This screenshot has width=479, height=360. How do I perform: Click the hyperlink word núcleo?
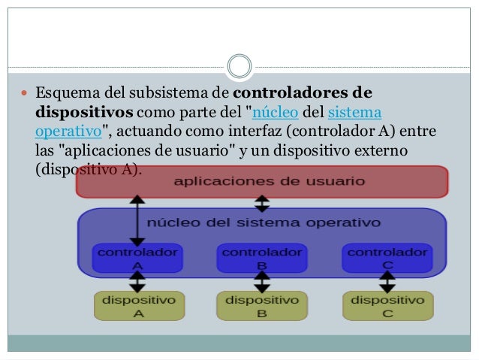tap(276, 112)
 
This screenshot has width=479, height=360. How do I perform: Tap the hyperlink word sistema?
tap(354, 112)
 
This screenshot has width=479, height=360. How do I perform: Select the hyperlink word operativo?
tap(68, 132)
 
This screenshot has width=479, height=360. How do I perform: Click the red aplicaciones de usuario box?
tap(262, 182)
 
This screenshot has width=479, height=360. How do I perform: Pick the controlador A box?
tap(137, 258)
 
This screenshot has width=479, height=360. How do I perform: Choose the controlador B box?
tap(262, 258)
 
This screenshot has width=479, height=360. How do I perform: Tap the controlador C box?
tap(387, 258)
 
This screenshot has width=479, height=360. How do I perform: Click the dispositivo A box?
tap(140, 306)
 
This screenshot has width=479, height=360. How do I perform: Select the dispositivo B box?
tap(262, 306)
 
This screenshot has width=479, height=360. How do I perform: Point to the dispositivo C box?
tap(388, 306)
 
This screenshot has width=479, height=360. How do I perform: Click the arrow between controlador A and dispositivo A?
tap(137, 282)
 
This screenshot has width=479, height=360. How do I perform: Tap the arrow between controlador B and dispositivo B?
tap(262, 282)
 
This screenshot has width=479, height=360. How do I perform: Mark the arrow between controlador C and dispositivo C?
tap(387, 282)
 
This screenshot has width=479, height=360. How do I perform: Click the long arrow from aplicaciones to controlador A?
tap(137, 221)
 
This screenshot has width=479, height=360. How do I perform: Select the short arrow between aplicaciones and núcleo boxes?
tap(262, 204)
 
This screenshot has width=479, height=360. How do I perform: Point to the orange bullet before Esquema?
tap(24, 92)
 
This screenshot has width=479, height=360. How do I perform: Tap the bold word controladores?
tap(291, 92)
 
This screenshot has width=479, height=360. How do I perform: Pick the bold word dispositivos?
tap(84, 113)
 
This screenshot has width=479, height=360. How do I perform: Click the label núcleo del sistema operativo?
tap(264, 222)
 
